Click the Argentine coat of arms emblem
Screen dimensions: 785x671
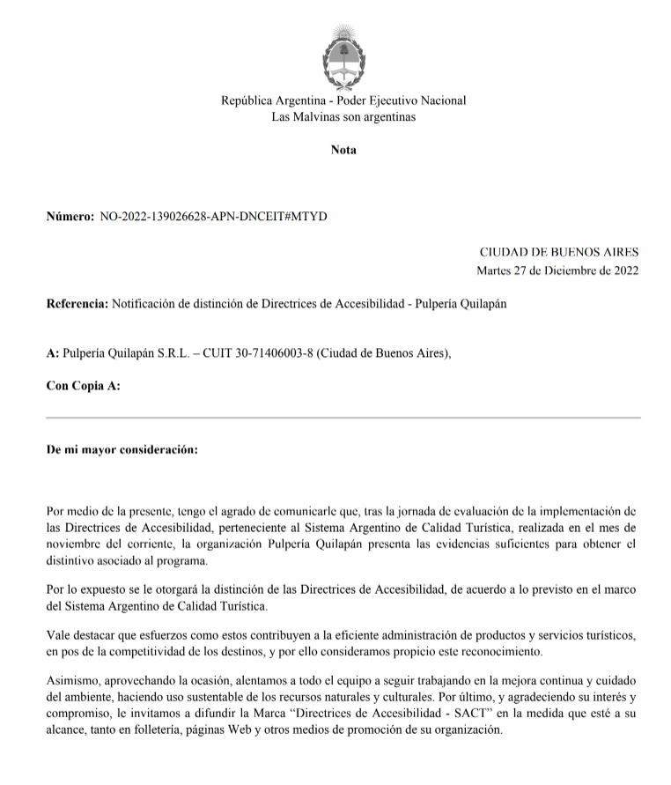(x=343, y=54)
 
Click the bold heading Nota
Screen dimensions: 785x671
(x=343, y=150)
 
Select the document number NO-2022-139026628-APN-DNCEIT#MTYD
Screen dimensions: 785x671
(x=213, y=216)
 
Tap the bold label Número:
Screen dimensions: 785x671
(x=70, y=216)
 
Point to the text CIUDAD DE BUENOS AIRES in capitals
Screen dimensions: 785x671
(x=559, y=252)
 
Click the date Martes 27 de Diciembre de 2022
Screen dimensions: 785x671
(x=557, y=270)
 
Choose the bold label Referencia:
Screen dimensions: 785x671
(x=77, y=304)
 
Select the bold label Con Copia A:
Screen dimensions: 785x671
(x=83, y=386)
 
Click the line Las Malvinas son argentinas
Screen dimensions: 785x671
(x=343, y=116)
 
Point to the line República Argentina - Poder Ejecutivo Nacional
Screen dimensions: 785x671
(x=343, y=100)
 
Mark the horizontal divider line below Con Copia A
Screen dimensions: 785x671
(x=343, y=418)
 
